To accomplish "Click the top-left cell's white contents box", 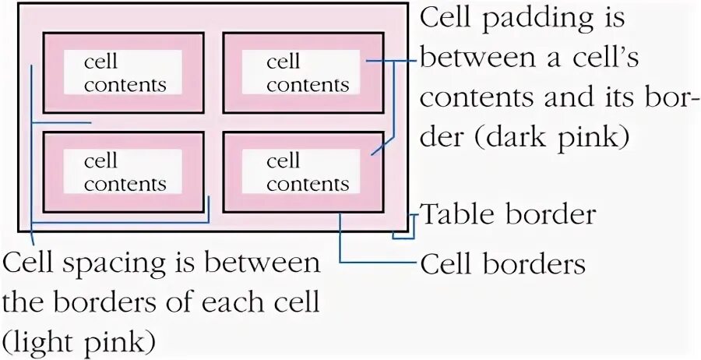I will tap(123, 72).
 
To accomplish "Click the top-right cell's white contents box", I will tap(301, 72).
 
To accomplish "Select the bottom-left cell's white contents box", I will tap(123, 171).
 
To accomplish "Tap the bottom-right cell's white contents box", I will tap(301, 171).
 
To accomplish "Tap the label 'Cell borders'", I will tap(502, 264).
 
